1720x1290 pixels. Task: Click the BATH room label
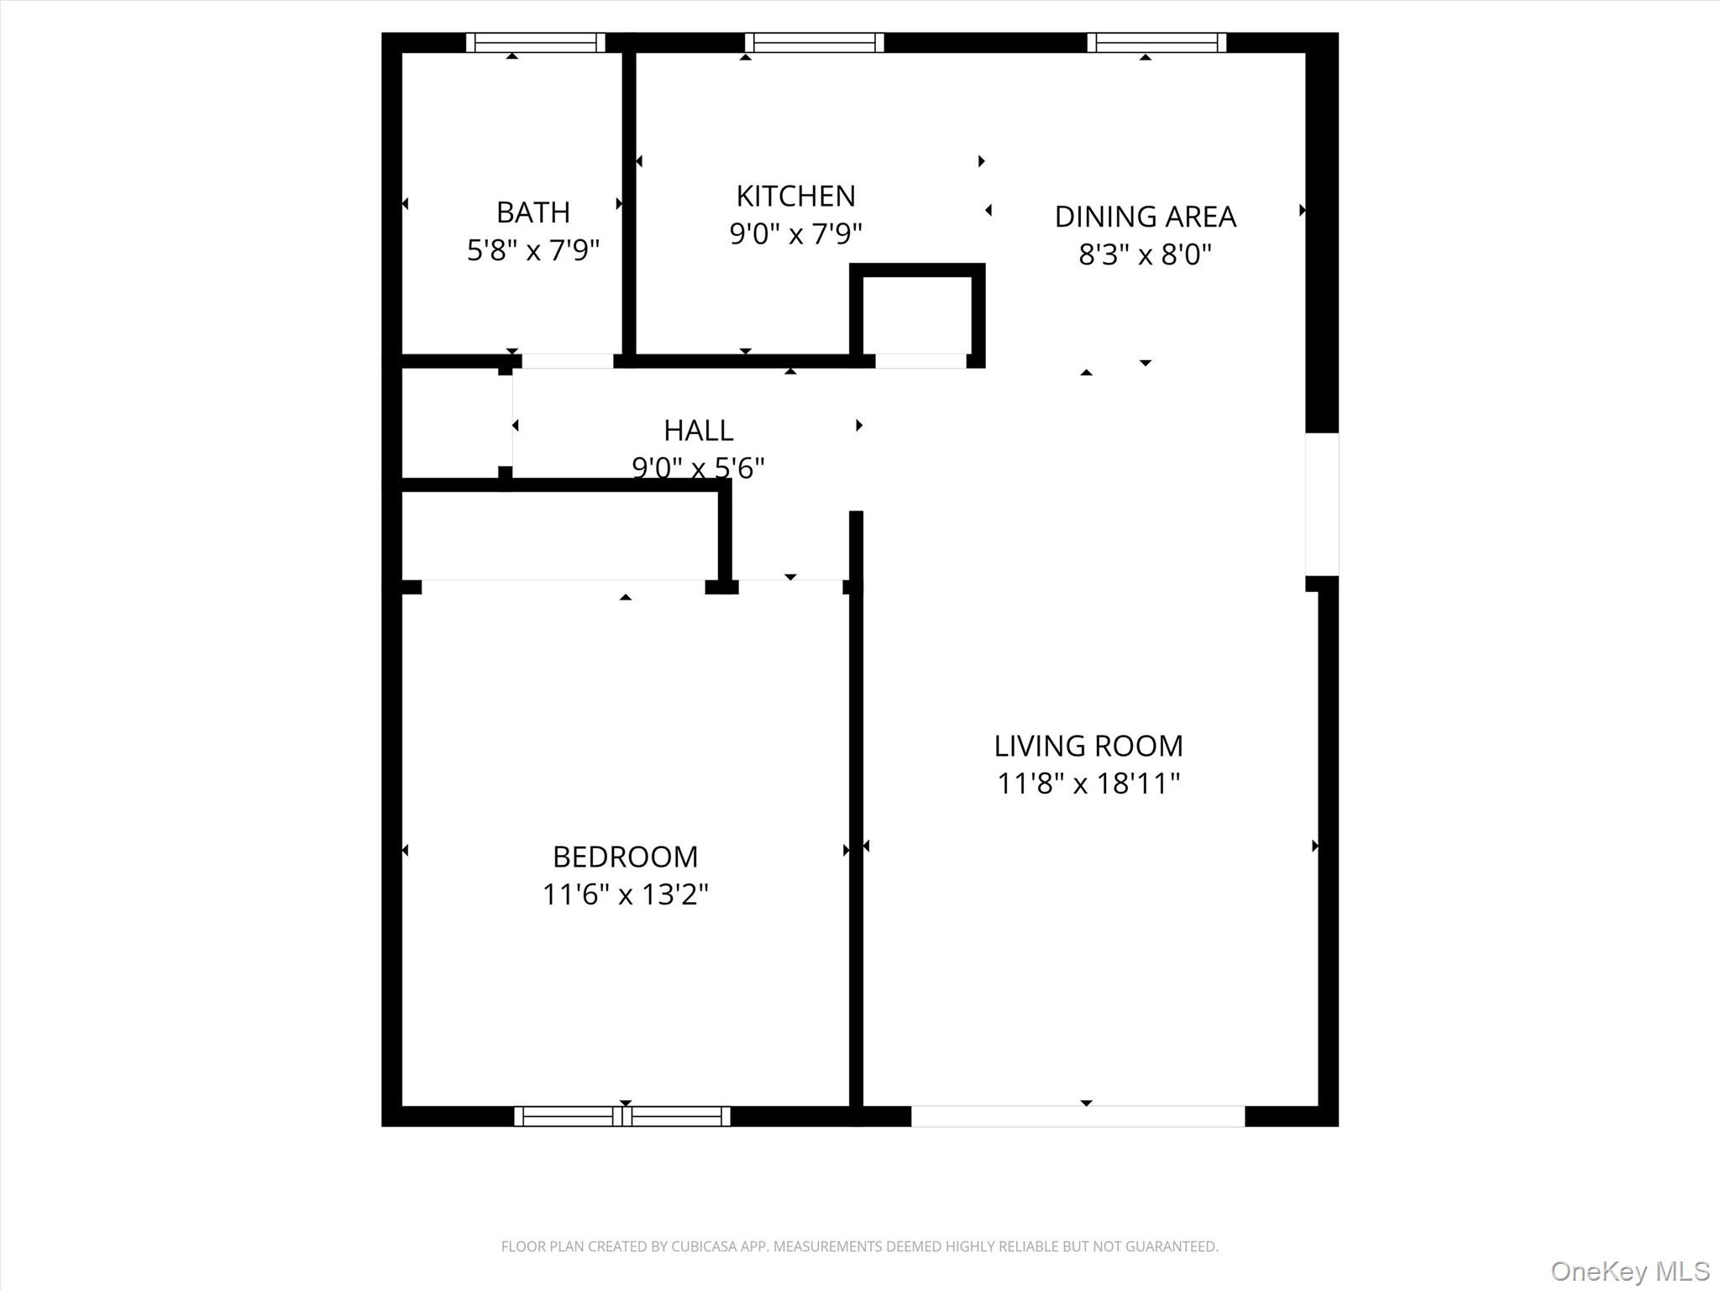click(x=533, y=212)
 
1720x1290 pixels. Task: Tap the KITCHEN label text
click(x=795, y=197)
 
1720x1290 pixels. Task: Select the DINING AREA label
click(x=1145, y=217)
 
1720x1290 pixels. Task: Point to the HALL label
click(x=698, y=430)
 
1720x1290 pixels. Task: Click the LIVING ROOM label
click(x=1088, y=746)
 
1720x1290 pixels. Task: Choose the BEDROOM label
click(x=625, y=857)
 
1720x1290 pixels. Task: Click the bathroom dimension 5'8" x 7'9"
click(x=533, y=250)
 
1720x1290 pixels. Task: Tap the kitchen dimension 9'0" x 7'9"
click(x=795, y=233)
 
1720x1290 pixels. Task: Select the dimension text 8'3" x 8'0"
click(x=1145, y=254)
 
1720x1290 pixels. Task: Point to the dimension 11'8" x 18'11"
click(x=1088, y=784)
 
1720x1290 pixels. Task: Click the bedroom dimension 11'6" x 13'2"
click(x=625, y=894)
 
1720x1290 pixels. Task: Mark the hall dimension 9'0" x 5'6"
click(x=698, y=467)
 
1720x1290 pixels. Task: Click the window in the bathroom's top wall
click(x=535, y=42)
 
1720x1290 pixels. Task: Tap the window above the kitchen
click(x=814, y=42)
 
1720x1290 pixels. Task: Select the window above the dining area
click(x=1156, y=42)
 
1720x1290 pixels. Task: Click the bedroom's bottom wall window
click(x=621, y=1116)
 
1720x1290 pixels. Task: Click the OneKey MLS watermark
click(x=1629, y=1271)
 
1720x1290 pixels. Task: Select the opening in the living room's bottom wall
click(x=1078, y=1116)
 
